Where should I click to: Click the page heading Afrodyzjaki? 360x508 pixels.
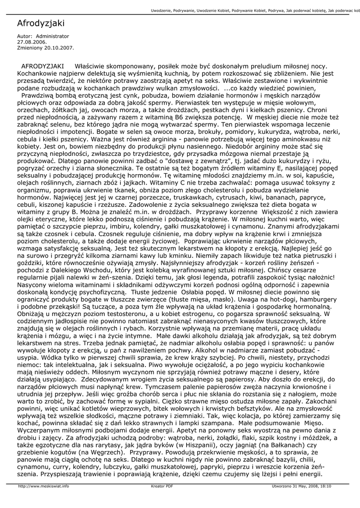tap(41, 23)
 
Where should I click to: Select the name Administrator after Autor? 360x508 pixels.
tap(53, 36)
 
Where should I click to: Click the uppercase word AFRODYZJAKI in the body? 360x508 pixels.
tap(42, 66)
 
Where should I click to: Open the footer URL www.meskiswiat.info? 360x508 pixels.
tap(44, 487)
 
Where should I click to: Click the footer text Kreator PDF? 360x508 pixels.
tap(162, 487)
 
